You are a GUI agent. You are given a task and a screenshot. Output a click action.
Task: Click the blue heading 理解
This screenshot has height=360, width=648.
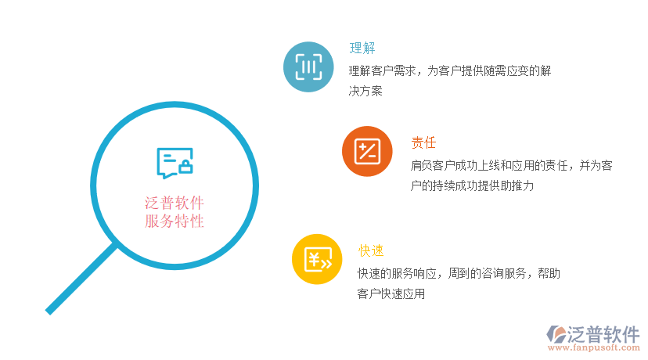pyautogui.click(x=362, y=49)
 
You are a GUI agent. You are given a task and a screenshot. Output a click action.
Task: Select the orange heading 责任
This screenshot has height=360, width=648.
pyautogui.click(x=423, y=143)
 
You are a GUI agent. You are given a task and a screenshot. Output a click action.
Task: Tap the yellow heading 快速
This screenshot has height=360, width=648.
pyautogui.click(x=371, y=251)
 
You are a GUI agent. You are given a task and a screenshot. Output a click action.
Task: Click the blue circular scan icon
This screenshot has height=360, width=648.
pyautogui.click(x=308, y=67)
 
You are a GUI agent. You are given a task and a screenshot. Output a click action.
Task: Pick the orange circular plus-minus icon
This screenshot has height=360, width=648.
pyautogui.click(x=367, y=150)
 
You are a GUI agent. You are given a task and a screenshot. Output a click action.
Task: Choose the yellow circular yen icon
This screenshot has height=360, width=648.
pyautogui.click(x=317, y=258)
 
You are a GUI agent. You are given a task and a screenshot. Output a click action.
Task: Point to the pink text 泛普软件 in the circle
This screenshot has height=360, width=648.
pyautogui.click(x=175, y=202)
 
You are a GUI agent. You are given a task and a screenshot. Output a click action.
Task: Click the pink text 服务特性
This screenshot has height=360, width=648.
pyautogui.click(x=175, y=221)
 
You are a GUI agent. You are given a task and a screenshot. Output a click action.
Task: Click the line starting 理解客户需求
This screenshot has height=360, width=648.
pyautogui.click(x=449, y=71)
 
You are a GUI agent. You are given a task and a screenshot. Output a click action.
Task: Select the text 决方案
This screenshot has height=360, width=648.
pyautogui.click(x=365, y=91)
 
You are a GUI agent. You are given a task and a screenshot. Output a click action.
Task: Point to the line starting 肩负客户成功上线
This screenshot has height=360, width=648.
pyautogui.click(x=511, y=166)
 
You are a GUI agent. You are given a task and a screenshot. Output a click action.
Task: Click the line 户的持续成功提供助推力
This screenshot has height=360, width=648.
pyautogui.click(x=472, y=186)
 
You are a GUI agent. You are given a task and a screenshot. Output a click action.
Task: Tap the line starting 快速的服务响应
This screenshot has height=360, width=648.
pyautogui.click(x=459, y=274)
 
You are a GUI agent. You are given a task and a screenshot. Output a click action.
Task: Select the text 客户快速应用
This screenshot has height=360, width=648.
pyautogui.click(x=391, y=294)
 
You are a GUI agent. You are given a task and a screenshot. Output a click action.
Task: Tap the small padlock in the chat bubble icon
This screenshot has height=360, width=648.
pyautogui.click(x=185, y=167)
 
